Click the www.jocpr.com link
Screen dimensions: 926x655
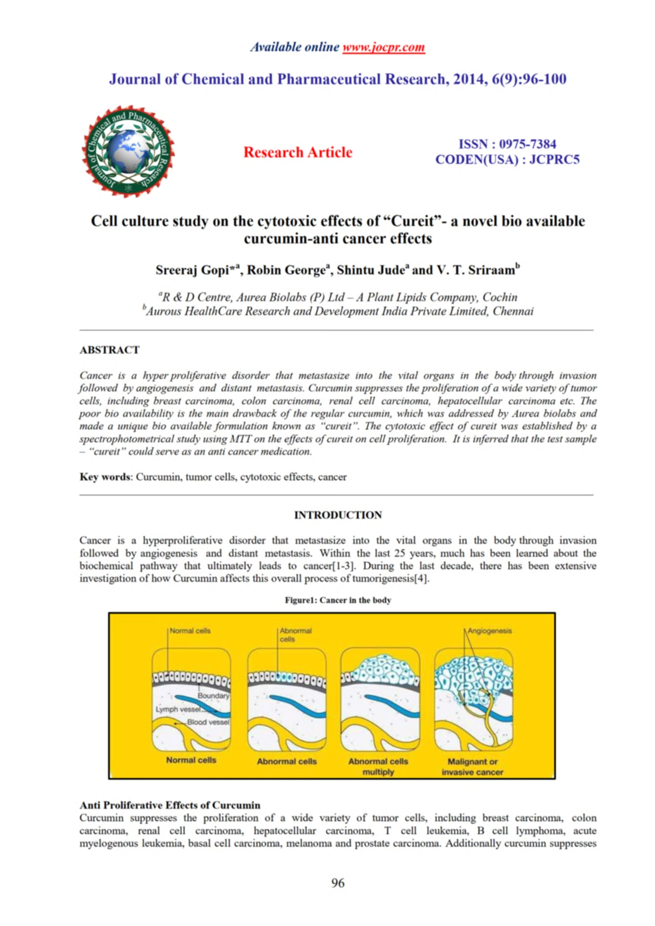click(x=383, y=48)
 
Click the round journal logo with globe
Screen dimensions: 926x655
click(x=128, y=152)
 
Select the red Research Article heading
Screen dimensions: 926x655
click(x=298, y=152)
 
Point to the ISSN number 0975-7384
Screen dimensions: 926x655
click(x=528, y=144)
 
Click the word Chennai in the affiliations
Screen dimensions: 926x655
click(x=513, y=311)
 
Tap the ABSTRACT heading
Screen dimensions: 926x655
click(x=110, y=350)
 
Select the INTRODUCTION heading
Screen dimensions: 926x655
click(x=338, y=515)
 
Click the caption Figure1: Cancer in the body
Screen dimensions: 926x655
click(x=338, y=600)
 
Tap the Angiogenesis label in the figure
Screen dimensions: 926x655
click(x=490, y=631)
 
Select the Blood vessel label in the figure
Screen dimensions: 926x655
click(x=208, y=722)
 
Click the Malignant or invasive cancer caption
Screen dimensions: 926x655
click(x=472, y=766)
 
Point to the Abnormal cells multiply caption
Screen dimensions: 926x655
click(x=378, y=766)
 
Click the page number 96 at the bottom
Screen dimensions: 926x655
click(x=338, y=883)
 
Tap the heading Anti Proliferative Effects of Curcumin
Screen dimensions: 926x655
click(x=170, y=805)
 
